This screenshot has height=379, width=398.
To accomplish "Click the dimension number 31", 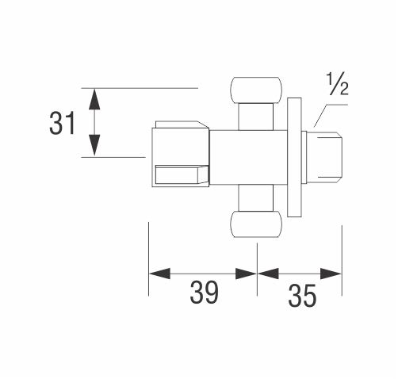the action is point(63,123).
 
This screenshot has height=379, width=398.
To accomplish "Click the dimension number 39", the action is point(204,293).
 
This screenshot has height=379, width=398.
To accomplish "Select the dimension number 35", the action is point(302,296).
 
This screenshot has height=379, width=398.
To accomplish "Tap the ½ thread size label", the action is point(337,84).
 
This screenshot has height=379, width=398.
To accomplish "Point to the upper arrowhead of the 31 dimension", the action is point(94,99).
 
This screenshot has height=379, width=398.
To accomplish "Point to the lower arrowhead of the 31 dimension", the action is point(94,145).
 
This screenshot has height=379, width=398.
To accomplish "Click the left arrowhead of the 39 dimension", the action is point(159,274).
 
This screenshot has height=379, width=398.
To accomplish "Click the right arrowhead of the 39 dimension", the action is point(246,274).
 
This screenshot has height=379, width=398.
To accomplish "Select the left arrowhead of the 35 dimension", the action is point(268,274).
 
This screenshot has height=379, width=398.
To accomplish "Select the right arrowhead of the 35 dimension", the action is point(331,274).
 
